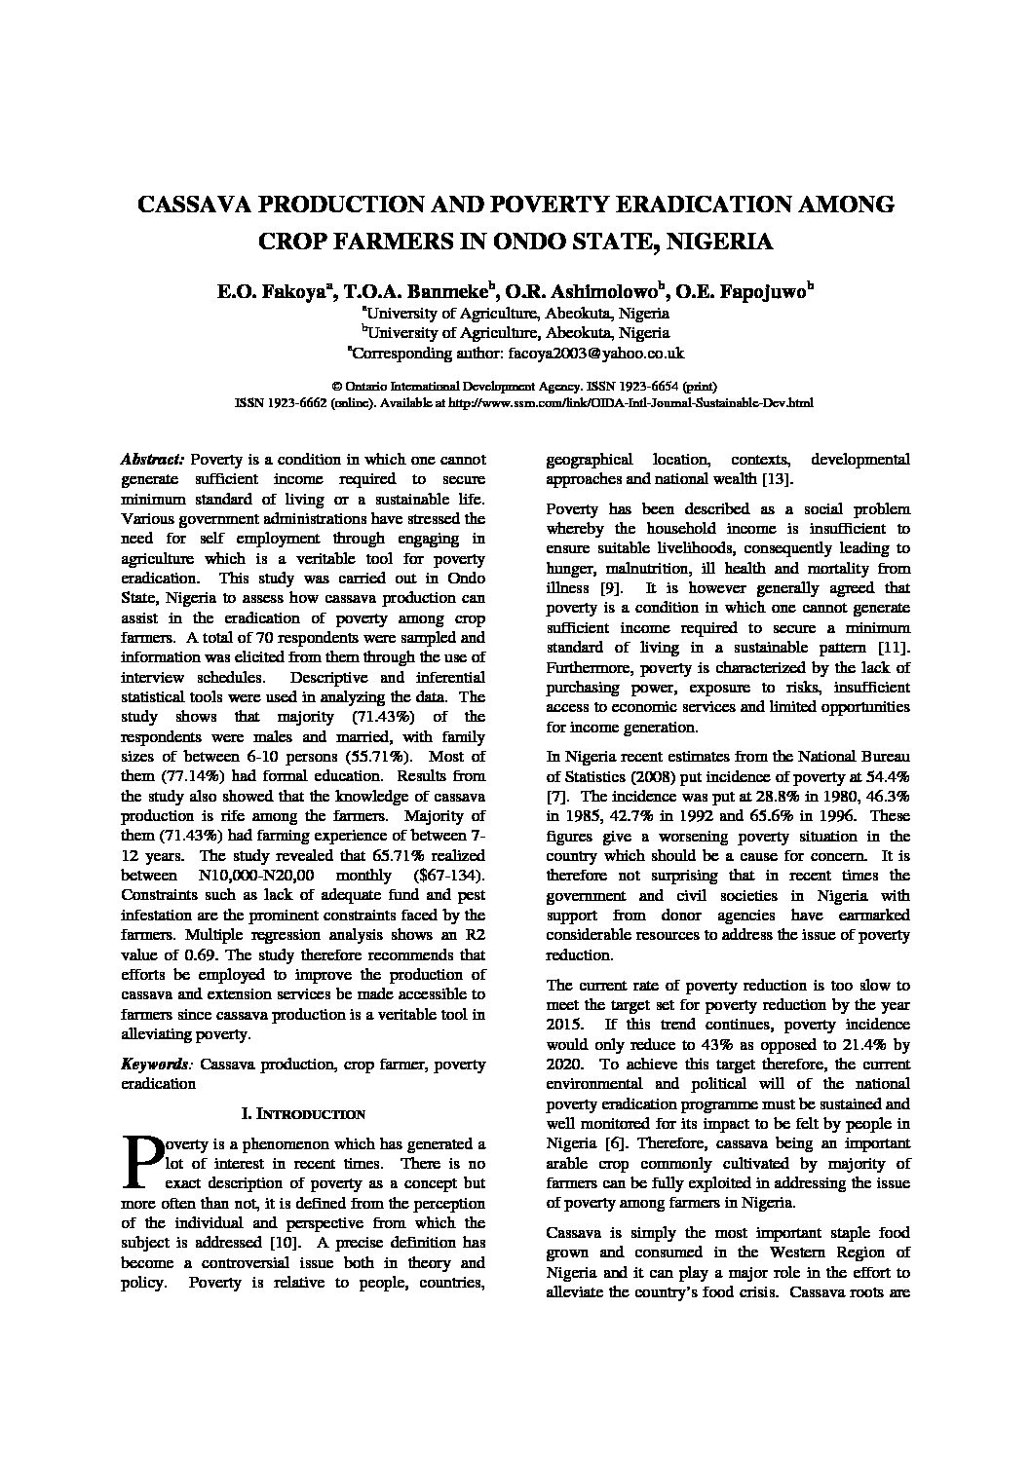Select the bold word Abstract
tap(152, 459)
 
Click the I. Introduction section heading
tap(303, 1113)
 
